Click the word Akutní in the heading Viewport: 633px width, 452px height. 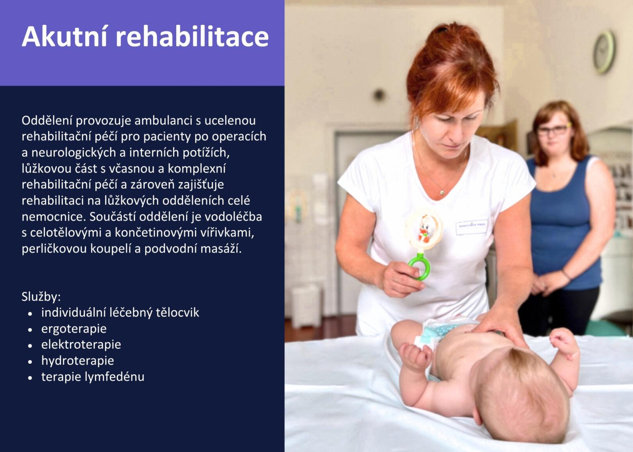click(64, 36)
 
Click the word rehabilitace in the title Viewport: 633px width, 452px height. click(192, 36)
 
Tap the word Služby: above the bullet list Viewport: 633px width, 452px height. click(41, 297)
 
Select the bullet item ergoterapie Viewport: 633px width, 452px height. click(74, 329)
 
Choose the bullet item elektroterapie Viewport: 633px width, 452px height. click(81, 344)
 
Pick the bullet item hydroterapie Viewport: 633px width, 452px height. click(78, 361)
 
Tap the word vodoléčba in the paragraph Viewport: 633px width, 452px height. click(233, 217)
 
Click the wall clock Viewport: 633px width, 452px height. click(604, 52)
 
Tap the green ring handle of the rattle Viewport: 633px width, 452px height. click(419, 266)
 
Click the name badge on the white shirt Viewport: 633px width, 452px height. click(472, 227)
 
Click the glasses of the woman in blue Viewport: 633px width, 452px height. click(553, 130)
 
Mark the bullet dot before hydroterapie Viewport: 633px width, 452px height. click(30, 362)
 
